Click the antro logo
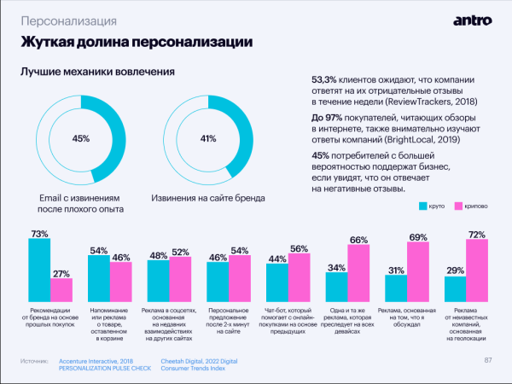(x=472, y=19)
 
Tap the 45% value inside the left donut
(x=81, y=138)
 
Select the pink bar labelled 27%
(x=61, y=289)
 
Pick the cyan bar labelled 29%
(x=455, y=288)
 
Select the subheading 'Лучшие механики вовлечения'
(x=97, y=72)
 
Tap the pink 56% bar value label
(x=299, y=248)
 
